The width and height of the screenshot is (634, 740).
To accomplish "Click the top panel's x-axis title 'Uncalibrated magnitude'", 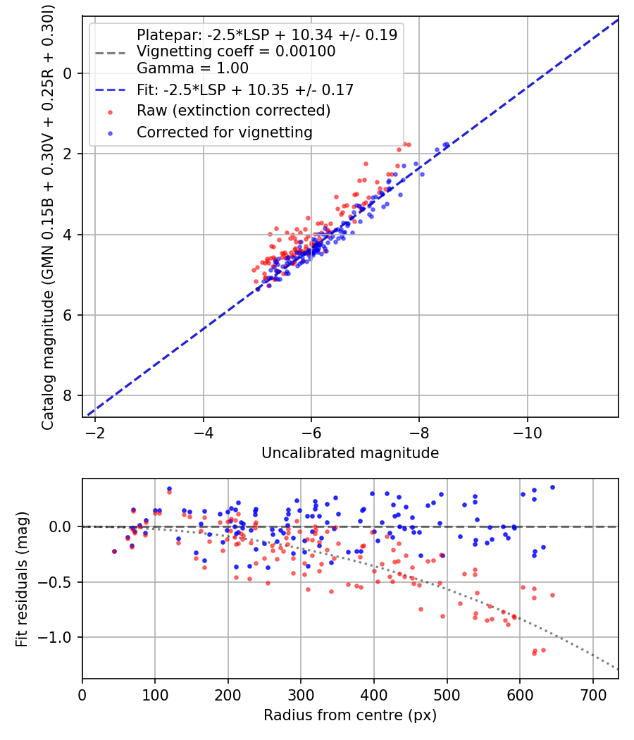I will [x=350, y=453].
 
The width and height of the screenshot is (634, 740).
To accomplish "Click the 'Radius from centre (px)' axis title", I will [x=350, y=715].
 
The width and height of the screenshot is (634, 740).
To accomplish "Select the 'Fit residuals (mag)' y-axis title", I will [x=22, y=579].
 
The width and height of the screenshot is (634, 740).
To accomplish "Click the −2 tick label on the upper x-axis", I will [x=95, y=433].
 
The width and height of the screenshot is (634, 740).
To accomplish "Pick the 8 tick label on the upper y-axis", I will [x=68, y=395].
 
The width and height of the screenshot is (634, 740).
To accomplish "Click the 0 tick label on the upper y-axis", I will [x=68, y=73].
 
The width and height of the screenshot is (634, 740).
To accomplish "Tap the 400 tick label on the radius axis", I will [x=374, y=695].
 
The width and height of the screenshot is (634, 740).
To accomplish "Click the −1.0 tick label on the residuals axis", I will [x=57, y=637].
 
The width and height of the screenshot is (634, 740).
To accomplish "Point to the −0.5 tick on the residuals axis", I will [x=57, y=582].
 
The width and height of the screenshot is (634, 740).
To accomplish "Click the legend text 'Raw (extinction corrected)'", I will [x=233, y=111].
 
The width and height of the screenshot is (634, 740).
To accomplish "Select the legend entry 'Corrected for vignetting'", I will [x=224, y=132].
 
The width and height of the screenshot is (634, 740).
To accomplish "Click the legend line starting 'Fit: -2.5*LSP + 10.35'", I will [x=244, y=90].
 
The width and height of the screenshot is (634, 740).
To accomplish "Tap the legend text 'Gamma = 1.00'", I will [x=192, y=68].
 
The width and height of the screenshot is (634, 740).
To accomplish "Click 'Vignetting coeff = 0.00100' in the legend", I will [x=236, y=51].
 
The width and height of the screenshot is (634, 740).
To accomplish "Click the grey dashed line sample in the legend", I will [x=110, y=51].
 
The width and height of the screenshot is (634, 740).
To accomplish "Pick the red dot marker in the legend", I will [x=110, y=111].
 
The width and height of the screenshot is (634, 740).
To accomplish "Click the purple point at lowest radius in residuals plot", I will [x=114, y=552].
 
